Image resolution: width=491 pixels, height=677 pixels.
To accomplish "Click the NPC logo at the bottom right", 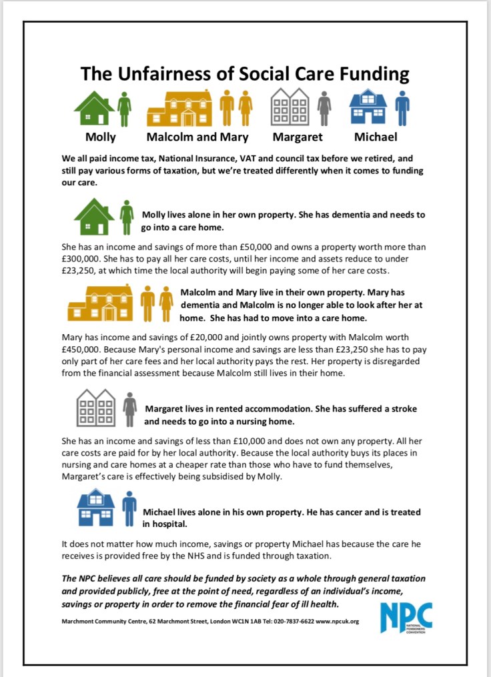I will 406,616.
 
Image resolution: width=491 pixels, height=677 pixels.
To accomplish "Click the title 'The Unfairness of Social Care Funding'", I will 245,73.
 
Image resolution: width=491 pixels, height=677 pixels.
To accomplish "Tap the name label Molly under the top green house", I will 100,137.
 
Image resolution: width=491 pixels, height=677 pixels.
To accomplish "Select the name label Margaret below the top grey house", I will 297,137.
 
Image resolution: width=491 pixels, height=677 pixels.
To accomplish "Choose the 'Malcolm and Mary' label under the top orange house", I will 197,137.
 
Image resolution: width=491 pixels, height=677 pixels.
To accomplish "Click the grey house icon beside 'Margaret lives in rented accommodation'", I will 96,408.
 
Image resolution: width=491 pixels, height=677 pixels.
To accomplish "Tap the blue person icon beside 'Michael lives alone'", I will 129,509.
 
